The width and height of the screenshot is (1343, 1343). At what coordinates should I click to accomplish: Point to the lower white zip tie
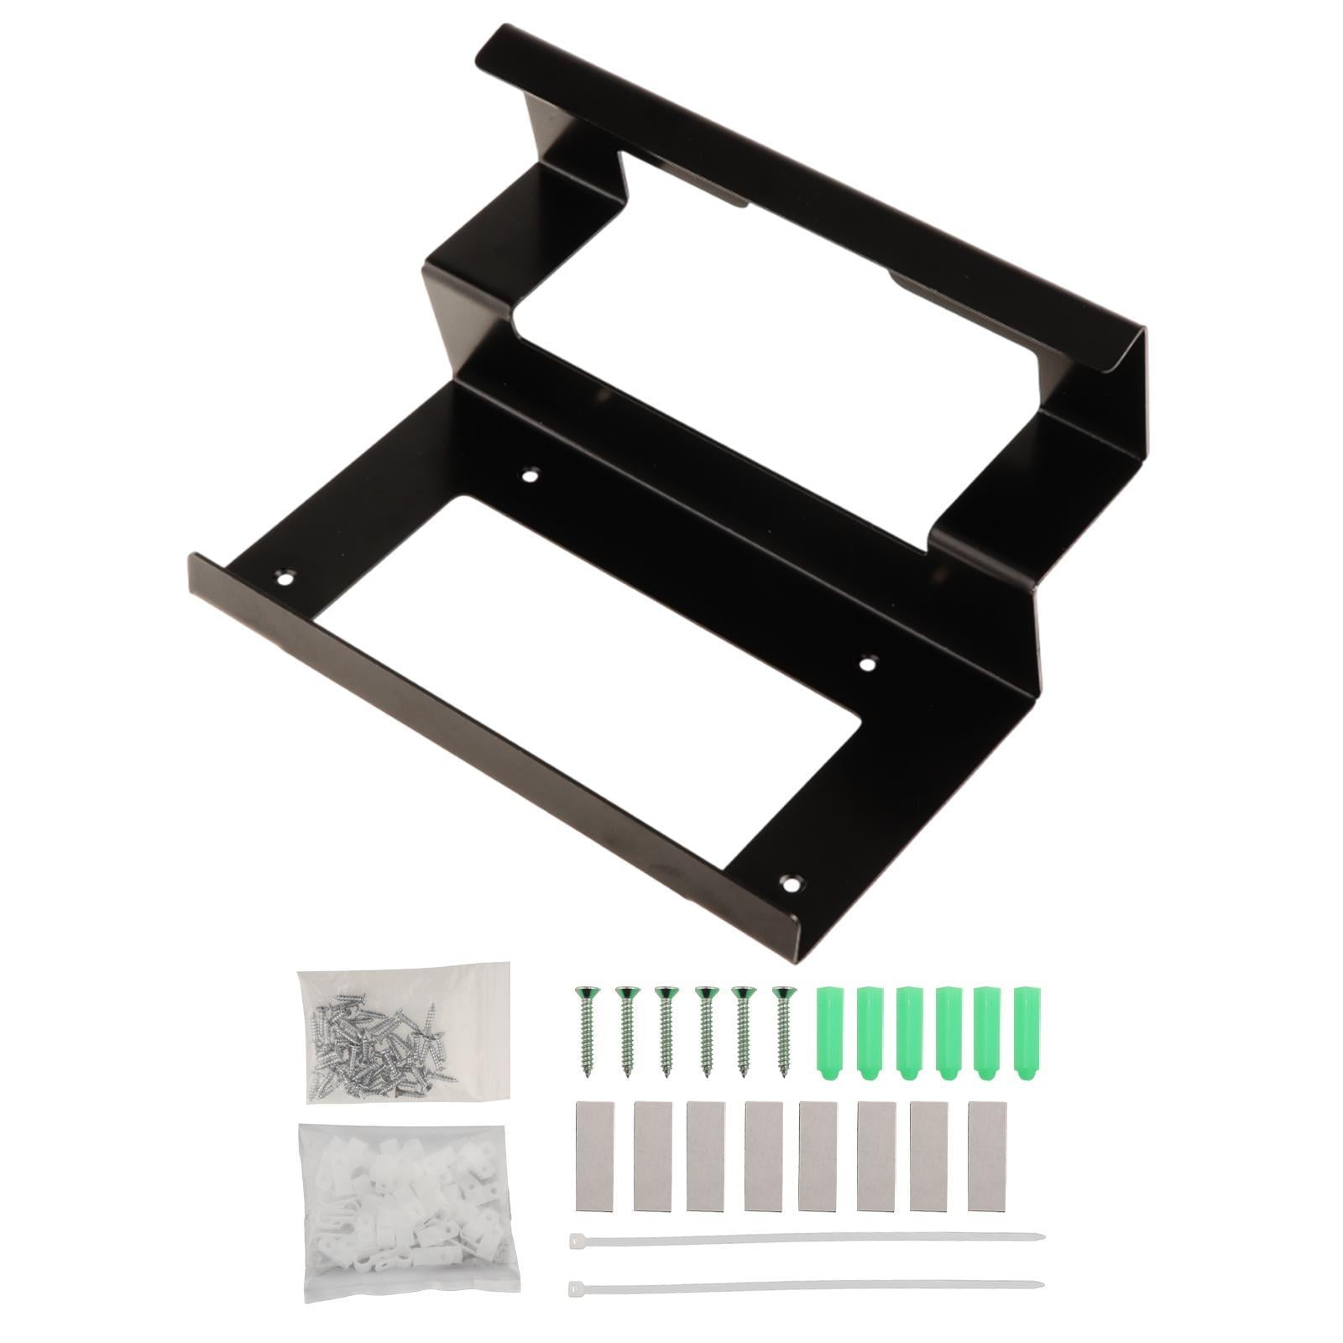click(806, 1284)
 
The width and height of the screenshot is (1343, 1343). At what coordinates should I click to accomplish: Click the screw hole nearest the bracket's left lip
click(286, 577)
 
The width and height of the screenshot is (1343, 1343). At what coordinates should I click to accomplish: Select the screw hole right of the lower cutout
click(867, 664)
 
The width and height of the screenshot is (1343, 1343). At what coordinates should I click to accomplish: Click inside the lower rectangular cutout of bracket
click(571, 638)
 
